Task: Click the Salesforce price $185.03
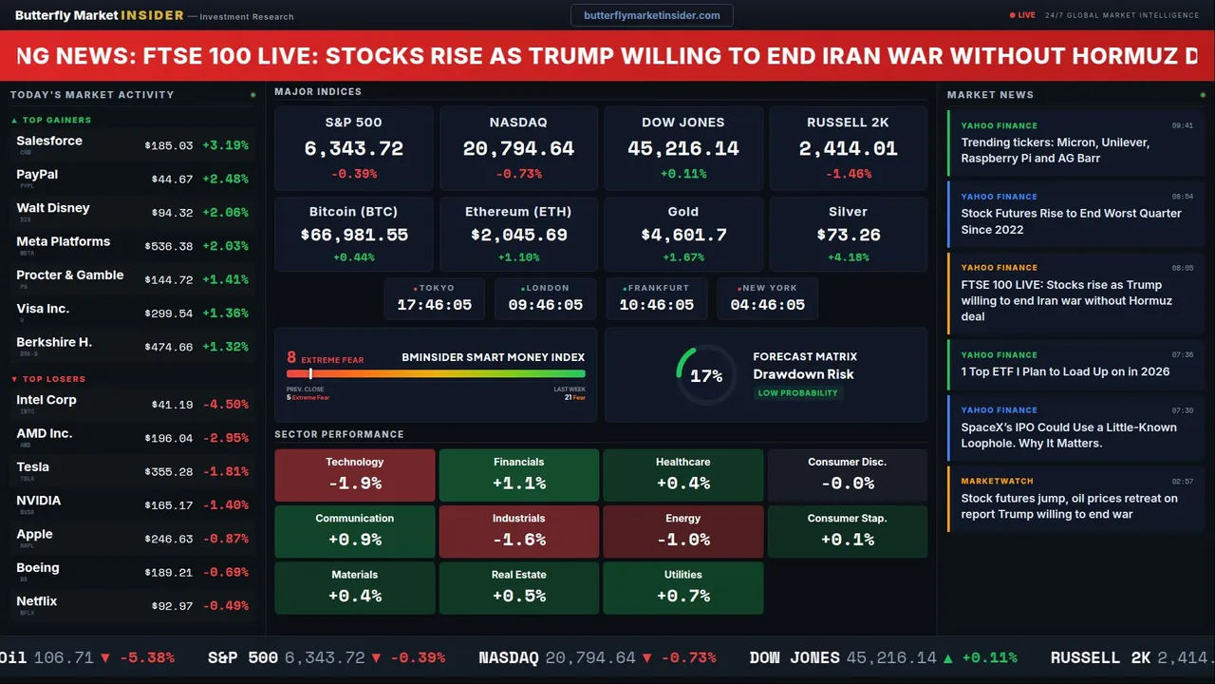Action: (x=169, y=146)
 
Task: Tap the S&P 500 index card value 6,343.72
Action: (x=354, y=149)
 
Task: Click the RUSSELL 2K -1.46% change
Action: (x=848, y=174)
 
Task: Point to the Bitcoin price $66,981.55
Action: (x=354, y=235)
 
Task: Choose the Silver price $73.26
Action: (x=848, y=235)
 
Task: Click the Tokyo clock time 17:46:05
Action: (x=435, y=305)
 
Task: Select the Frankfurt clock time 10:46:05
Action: (x=657, y=305)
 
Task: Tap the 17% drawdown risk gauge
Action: (x=706, y=375)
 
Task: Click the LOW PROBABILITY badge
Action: (x=797, y=393)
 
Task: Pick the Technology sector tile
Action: (x=355, y=475)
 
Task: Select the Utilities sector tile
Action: (x=683, y=588)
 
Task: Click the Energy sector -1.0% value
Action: (x=683, y=540)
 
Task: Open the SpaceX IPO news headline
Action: (x=1069, y=435)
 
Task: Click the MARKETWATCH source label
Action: (x=997, y=482)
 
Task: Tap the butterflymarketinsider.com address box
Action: (x=652, y=15)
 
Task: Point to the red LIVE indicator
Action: (x=1023, y=15)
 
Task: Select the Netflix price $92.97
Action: (x=172, y=606)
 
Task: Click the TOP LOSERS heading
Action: (x=53, y=379)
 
